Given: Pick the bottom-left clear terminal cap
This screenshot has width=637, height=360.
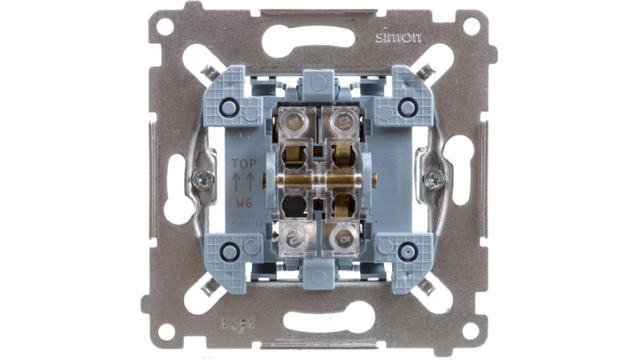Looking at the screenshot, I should (293, 236).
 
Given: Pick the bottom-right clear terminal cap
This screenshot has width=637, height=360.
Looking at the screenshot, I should (342, 236).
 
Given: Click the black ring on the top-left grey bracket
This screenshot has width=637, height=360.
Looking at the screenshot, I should (229, 106).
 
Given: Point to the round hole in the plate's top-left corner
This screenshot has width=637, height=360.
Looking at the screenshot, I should (165, 26).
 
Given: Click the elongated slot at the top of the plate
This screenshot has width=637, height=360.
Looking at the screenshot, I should (317, 39).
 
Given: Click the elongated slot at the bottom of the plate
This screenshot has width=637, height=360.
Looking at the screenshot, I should (317, 316).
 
